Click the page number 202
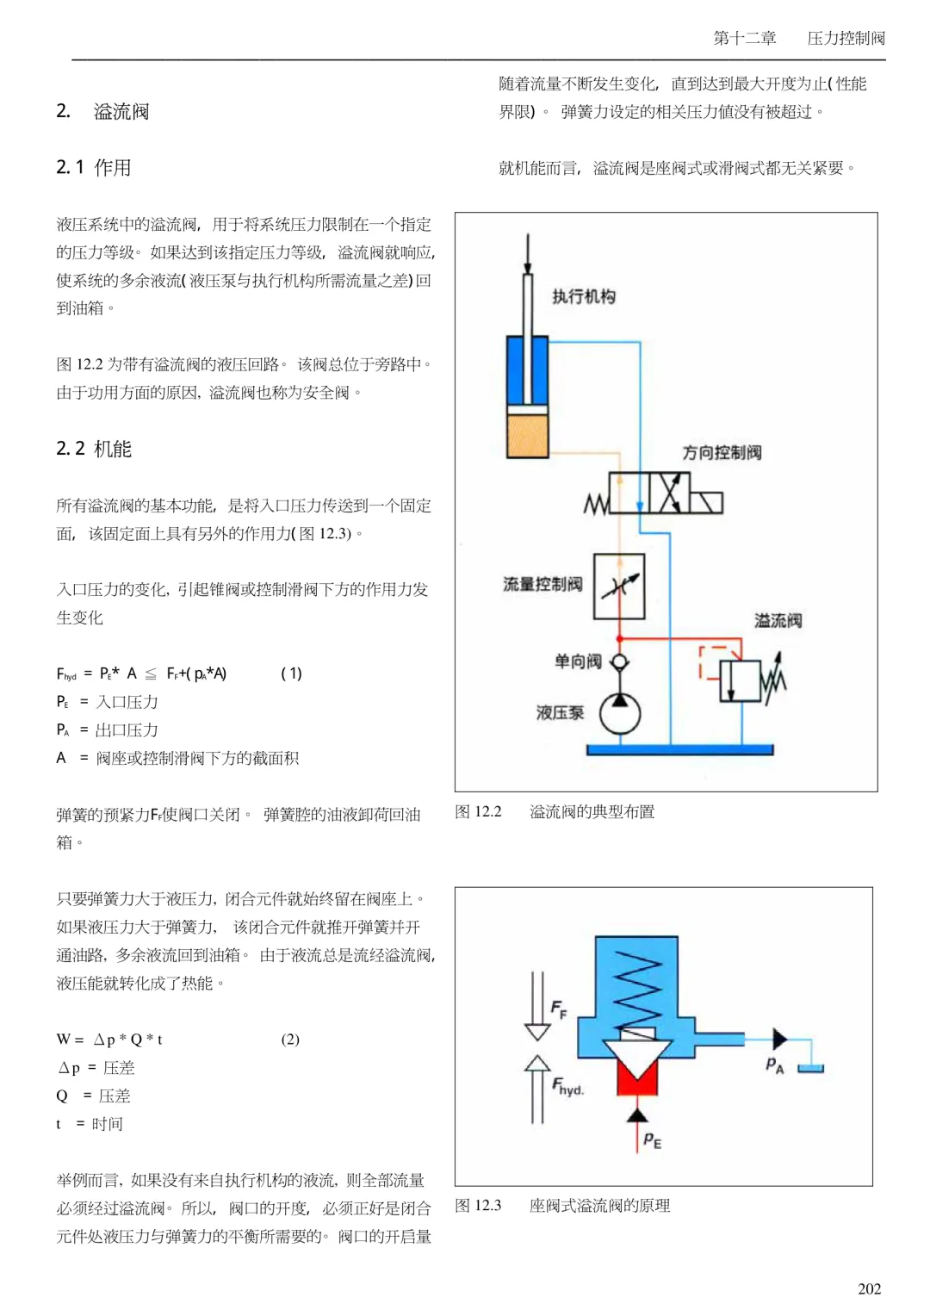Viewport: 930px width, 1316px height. [869, 1289]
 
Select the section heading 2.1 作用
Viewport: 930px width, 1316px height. [93, 167]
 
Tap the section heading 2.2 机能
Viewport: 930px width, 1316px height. [93, 449]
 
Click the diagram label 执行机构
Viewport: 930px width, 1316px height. [583, 296]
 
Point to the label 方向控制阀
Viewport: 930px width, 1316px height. [722, 452]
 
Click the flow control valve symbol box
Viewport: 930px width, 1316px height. [618, 586]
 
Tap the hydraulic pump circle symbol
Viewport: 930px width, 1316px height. [620, 714]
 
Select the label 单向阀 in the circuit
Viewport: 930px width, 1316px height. [578, 661]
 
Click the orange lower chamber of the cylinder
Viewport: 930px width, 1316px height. [527, 435]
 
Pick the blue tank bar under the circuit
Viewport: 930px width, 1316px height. [679, 749]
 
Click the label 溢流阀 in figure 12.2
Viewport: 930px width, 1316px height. [778, 620]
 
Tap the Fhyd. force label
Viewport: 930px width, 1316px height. [567, 1086]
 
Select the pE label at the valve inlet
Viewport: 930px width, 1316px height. [652, 1140]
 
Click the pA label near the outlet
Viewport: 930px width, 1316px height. [775, 1065]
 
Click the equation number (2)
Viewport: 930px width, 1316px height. [290, 1040]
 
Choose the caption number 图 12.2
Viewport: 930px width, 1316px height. [478, 812]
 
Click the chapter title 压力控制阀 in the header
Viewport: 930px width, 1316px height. [846, 38]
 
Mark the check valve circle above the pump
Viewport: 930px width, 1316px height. [620, 662]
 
